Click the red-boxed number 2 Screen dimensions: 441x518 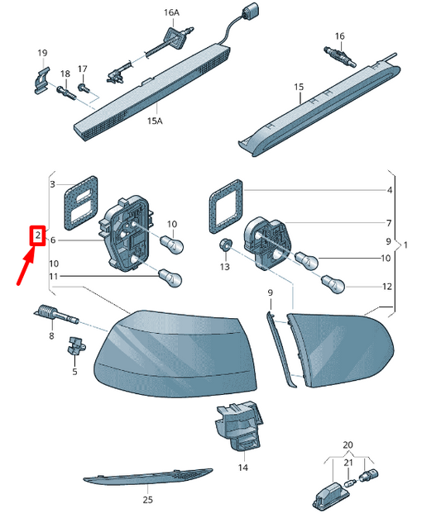tap(37, 235)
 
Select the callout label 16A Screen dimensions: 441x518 tap(171, 12)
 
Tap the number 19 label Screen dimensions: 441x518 tap(42, 53)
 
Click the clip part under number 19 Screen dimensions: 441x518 tap(41, 80)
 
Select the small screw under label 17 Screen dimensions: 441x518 tap(83, 88)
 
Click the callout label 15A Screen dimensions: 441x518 tap(155, 121)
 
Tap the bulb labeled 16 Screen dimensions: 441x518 tap(339, 56)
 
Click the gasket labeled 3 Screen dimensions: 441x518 tap(81, 202)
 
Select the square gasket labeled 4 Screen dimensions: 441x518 tap(226, 207)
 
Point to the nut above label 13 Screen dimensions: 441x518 tap(225, 245)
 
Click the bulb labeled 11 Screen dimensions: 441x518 tap(170, 278)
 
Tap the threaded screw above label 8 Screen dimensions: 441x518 tap(56, 314)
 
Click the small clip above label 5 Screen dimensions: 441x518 tap(76, 345)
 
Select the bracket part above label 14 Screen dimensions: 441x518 tap(239, 425)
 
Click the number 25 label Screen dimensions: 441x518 tap(148, 500)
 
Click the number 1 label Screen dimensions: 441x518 tap(405, 245)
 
